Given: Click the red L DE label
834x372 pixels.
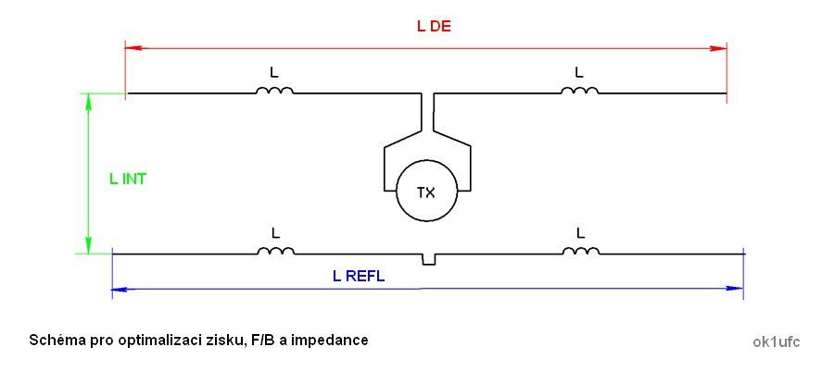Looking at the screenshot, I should click(434, 26).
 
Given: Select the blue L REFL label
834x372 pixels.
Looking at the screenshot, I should click(358, 276).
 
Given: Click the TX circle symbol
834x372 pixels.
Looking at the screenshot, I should click(426, 192).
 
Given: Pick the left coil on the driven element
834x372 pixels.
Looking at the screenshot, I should click(274, 91).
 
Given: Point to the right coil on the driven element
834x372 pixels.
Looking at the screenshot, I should click(579, 91).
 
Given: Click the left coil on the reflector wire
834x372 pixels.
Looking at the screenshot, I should click(275, 251).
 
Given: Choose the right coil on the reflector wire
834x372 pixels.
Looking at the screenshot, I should click(580, 251).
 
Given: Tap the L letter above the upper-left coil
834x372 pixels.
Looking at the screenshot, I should click(273, 71).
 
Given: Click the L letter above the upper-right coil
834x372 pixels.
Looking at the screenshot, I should click(579, 71).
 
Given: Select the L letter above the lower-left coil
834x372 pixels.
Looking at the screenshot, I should click(274, 231).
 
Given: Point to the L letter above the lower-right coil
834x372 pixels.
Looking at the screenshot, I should click(580, 231).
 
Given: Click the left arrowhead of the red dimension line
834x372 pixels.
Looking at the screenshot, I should click(132, 46).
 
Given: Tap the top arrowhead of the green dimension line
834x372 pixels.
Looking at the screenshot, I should click(89, 100).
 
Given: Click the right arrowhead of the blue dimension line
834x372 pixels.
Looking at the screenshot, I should click(737, 289).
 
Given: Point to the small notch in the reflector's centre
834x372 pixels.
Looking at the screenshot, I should click(428, 259).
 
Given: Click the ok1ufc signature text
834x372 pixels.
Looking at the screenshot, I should click(777, 341).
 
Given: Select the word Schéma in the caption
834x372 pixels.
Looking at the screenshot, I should click(55, 341).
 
